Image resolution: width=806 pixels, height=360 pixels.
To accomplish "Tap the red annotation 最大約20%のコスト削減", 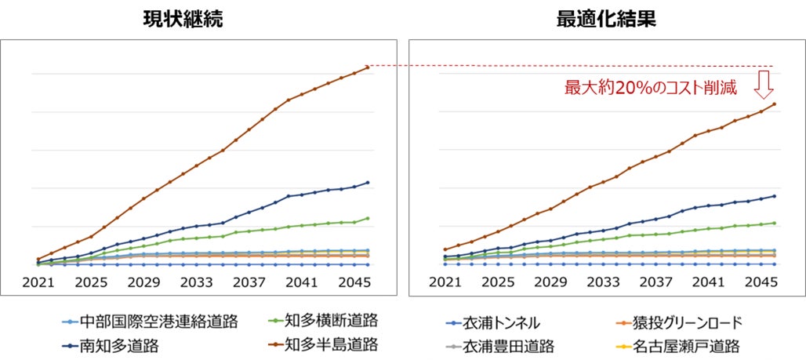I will pos(652,88).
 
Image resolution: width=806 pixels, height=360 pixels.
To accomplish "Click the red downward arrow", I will pos(764,84).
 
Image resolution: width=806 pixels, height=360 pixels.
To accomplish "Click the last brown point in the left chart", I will pos(368,67).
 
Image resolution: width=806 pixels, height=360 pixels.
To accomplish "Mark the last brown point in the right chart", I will pos(775,104).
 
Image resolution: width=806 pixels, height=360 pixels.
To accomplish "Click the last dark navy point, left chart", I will pos(368,183).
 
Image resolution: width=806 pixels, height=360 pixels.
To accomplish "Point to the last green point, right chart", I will pos(775,223).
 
